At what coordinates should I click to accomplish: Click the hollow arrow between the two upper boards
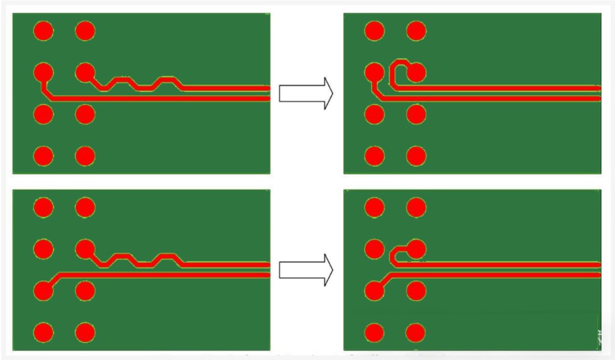306,93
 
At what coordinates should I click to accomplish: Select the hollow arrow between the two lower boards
306,270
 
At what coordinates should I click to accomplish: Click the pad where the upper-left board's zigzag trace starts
85,72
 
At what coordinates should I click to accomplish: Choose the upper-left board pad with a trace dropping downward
43,72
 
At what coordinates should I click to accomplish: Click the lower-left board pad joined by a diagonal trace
43,290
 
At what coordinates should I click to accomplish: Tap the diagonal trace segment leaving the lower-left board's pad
54,280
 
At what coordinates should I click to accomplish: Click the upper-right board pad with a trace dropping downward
374,72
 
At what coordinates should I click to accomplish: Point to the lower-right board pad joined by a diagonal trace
374,290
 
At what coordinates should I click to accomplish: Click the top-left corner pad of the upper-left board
43,30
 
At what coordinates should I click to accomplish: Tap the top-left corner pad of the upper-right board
374,30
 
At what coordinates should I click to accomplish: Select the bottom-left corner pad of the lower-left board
43,333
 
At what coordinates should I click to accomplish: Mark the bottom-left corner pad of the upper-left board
43,156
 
